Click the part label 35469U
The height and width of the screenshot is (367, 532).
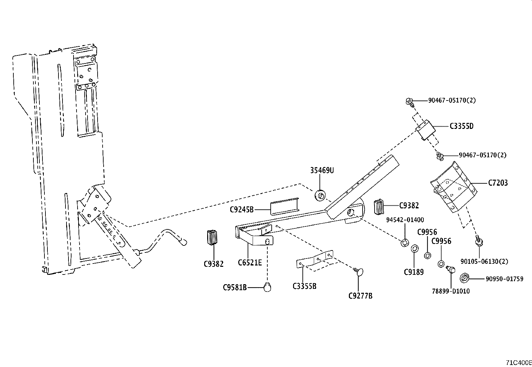coord(322,171)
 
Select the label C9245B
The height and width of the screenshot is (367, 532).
coord(242,210)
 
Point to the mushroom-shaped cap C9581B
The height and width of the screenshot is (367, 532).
coord(267,287)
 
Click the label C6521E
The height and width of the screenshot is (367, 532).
coord(250,262)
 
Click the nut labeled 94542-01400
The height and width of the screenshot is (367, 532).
coord(404,242)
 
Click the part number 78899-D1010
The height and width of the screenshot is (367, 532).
coord(450,291)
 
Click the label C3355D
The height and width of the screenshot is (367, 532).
coord(461,126)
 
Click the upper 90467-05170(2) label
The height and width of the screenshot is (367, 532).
coord(452,100)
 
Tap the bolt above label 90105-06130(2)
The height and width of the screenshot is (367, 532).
coord(478,241)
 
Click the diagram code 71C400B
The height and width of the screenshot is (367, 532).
coord(518,363)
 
